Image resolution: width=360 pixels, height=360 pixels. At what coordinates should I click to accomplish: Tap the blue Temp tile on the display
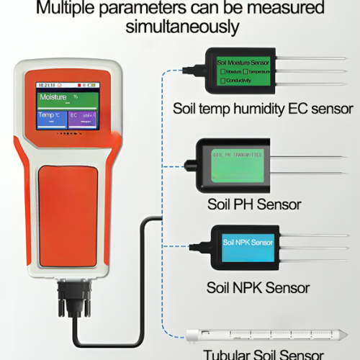click(x=51, y=118)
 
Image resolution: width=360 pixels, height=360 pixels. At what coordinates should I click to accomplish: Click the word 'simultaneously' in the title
click(x=181, y=27)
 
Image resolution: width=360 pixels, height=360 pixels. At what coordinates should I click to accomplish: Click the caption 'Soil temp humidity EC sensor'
click(x=263, y=109)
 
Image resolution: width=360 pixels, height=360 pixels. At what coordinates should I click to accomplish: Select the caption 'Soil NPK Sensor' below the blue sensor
click(x=258, y=288)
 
